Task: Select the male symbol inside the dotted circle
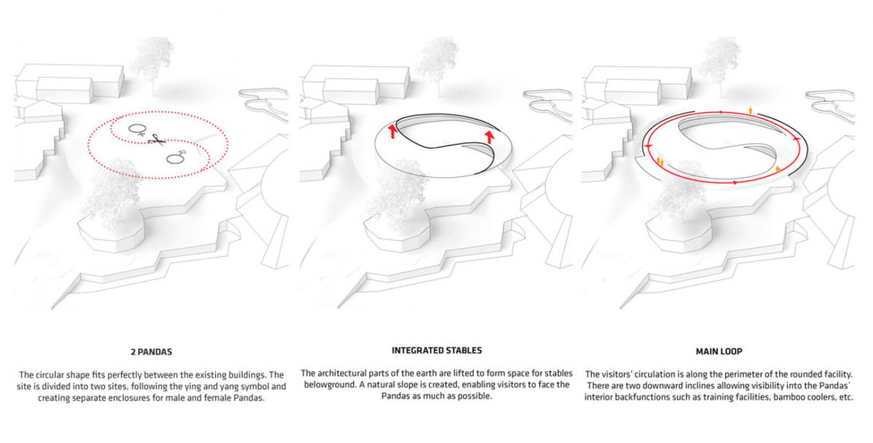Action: point(177,158)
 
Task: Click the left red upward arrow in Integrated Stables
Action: point(393,131)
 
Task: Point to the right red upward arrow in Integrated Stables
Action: point(490,137)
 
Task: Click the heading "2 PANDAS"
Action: point(151,352)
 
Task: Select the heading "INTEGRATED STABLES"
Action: point(436,351)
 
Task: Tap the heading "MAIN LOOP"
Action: point(719,352)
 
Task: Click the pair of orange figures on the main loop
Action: point(660,162)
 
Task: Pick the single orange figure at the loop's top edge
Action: point(750,111)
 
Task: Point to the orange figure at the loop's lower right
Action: point(778,168)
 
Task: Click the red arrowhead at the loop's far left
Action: point(647,146)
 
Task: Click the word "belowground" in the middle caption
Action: point(326,385)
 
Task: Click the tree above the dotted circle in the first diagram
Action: point(152,61)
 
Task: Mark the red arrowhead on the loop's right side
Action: point(797,138)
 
